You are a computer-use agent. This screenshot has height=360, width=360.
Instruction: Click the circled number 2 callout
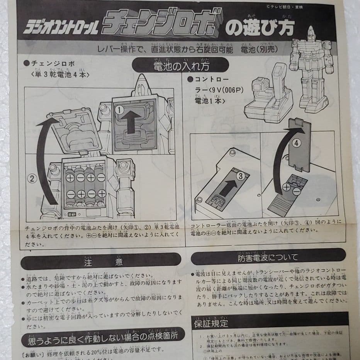point(32,178)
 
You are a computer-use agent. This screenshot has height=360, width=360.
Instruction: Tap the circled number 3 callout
point(240,176)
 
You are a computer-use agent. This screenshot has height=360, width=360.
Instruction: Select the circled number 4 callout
point(296,143)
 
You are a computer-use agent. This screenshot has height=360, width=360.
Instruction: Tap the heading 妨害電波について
point(268,257)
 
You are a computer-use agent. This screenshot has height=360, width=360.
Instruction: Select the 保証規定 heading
point(211,323)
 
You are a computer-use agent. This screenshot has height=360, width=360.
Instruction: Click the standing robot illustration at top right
point(311,70)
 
